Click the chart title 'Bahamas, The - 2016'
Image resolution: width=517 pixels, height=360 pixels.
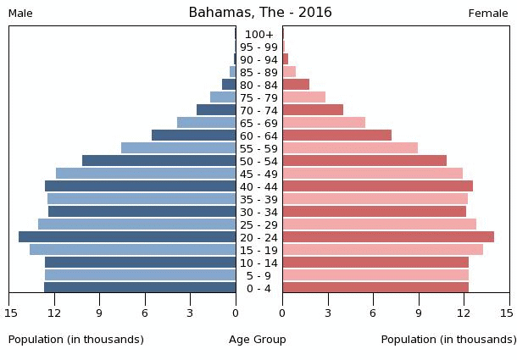[259, 13]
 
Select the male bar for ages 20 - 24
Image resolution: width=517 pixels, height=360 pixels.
[127, 237]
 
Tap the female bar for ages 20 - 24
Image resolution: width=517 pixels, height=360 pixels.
[388, 237]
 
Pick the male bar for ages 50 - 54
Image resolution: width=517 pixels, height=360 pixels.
[159, 161]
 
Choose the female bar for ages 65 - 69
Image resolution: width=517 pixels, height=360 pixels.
[324, 123]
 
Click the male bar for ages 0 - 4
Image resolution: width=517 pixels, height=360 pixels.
[140, 288]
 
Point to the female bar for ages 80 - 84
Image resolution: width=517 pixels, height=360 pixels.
[296, 85]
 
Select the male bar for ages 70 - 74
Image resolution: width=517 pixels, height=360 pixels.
[216, 110]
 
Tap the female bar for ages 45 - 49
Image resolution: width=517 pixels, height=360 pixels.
[372, 174]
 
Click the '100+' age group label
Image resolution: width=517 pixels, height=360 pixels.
[259, 35]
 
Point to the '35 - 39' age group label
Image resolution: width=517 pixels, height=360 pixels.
[259, 199]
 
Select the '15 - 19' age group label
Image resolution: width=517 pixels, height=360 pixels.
[259, 250]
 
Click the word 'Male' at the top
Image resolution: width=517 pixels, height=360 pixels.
[20, 14]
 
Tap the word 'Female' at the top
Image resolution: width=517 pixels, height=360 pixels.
[488, 14]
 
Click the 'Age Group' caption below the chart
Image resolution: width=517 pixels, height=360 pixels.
[258, 340]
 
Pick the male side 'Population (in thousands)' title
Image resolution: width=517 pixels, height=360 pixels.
[76, 340]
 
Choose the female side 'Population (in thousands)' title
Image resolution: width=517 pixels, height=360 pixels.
[448, 340]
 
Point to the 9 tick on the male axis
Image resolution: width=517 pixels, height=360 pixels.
[99, 313]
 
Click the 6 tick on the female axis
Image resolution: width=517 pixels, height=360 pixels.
[373, 313]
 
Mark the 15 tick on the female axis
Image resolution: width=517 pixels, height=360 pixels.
[507, 313]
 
